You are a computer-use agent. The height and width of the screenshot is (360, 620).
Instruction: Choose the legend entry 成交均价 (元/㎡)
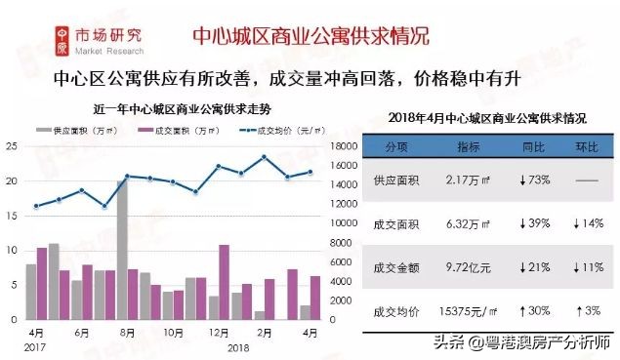click(276, 129)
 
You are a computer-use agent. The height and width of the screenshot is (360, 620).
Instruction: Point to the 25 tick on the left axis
click(11, 146)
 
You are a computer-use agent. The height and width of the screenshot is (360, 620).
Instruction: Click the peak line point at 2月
click(264, 157)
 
